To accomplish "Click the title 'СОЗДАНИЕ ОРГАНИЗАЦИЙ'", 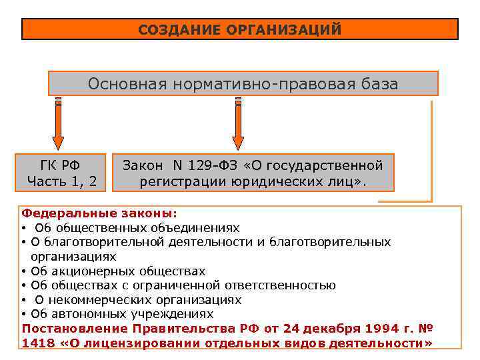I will click(x=240, y=30).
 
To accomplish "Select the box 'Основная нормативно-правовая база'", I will click(x=243, y=85).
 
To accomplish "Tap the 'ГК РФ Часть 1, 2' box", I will click(x=62, y=173).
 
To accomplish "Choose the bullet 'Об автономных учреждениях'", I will click(x=123, y=314).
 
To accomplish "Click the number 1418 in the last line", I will click(x=38, y=343).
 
